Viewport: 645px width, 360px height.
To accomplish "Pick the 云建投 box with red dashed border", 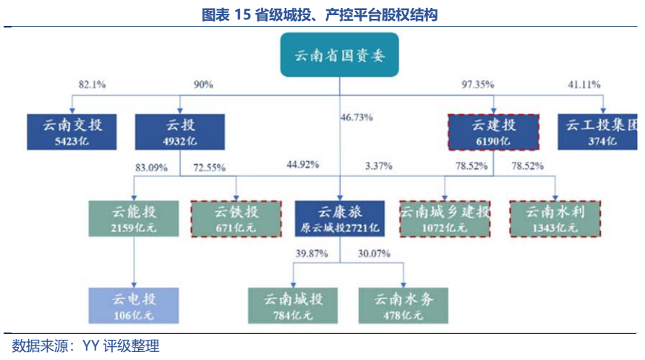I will tap(494, 132).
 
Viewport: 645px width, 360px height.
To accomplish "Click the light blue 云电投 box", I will tap(134, 304).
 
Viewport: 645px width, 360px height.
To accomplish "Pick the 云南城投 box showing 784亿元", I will tap(293, 304).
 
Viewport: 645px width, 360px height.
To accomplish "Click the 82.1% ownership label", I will tap(92, 85).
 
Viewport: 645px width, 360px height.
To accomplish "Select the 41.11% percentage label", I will tap(584, 85).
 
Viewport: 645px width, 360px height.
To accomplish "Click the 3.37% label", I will tap(379, 166).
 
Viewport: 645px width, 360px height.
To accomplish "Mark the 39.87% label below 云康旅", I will tap(312, 254).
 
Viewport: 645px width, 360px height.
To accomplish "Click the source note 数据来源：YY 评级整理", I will tap(85, 346).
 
